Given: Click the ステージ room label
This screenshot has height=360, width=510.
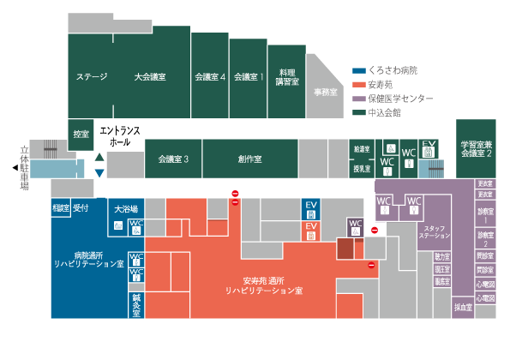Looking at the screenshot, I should pos(92,77).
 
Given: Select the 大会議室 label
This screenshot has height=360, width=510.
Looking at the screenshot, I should pos(150,77).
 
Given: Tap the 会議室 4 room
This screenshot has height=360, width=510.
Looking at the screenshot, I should pos(210,77).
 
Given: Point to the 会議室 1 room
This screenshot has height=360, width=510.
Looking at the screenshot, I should pos(249,77).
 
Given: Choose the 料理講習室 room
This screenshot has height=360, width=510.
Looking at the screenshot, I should pos(286,77).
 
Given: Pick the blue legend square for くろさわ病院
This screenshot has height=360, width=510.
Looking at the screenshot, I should pos(359,70).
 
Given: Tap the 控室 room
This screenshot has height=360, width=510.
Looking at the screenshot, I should pos(81,134).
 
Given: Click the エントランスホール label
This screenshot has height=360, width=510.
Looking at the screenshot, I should pos(120,135).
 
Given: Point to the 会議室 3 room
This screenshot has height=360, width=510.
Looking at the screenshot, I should pos(173,159).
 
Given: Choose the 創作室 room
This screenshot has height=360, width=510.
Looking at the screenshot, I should pos(250,159).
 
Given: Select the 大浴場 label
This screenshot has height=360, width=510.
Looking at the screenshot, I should pos(127,207).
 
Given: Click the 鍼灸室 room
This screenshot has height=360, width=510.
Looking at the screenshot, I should pos(135,306).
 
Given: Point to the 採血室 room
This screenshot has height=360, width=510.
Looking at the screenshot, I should pos(464,306).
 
